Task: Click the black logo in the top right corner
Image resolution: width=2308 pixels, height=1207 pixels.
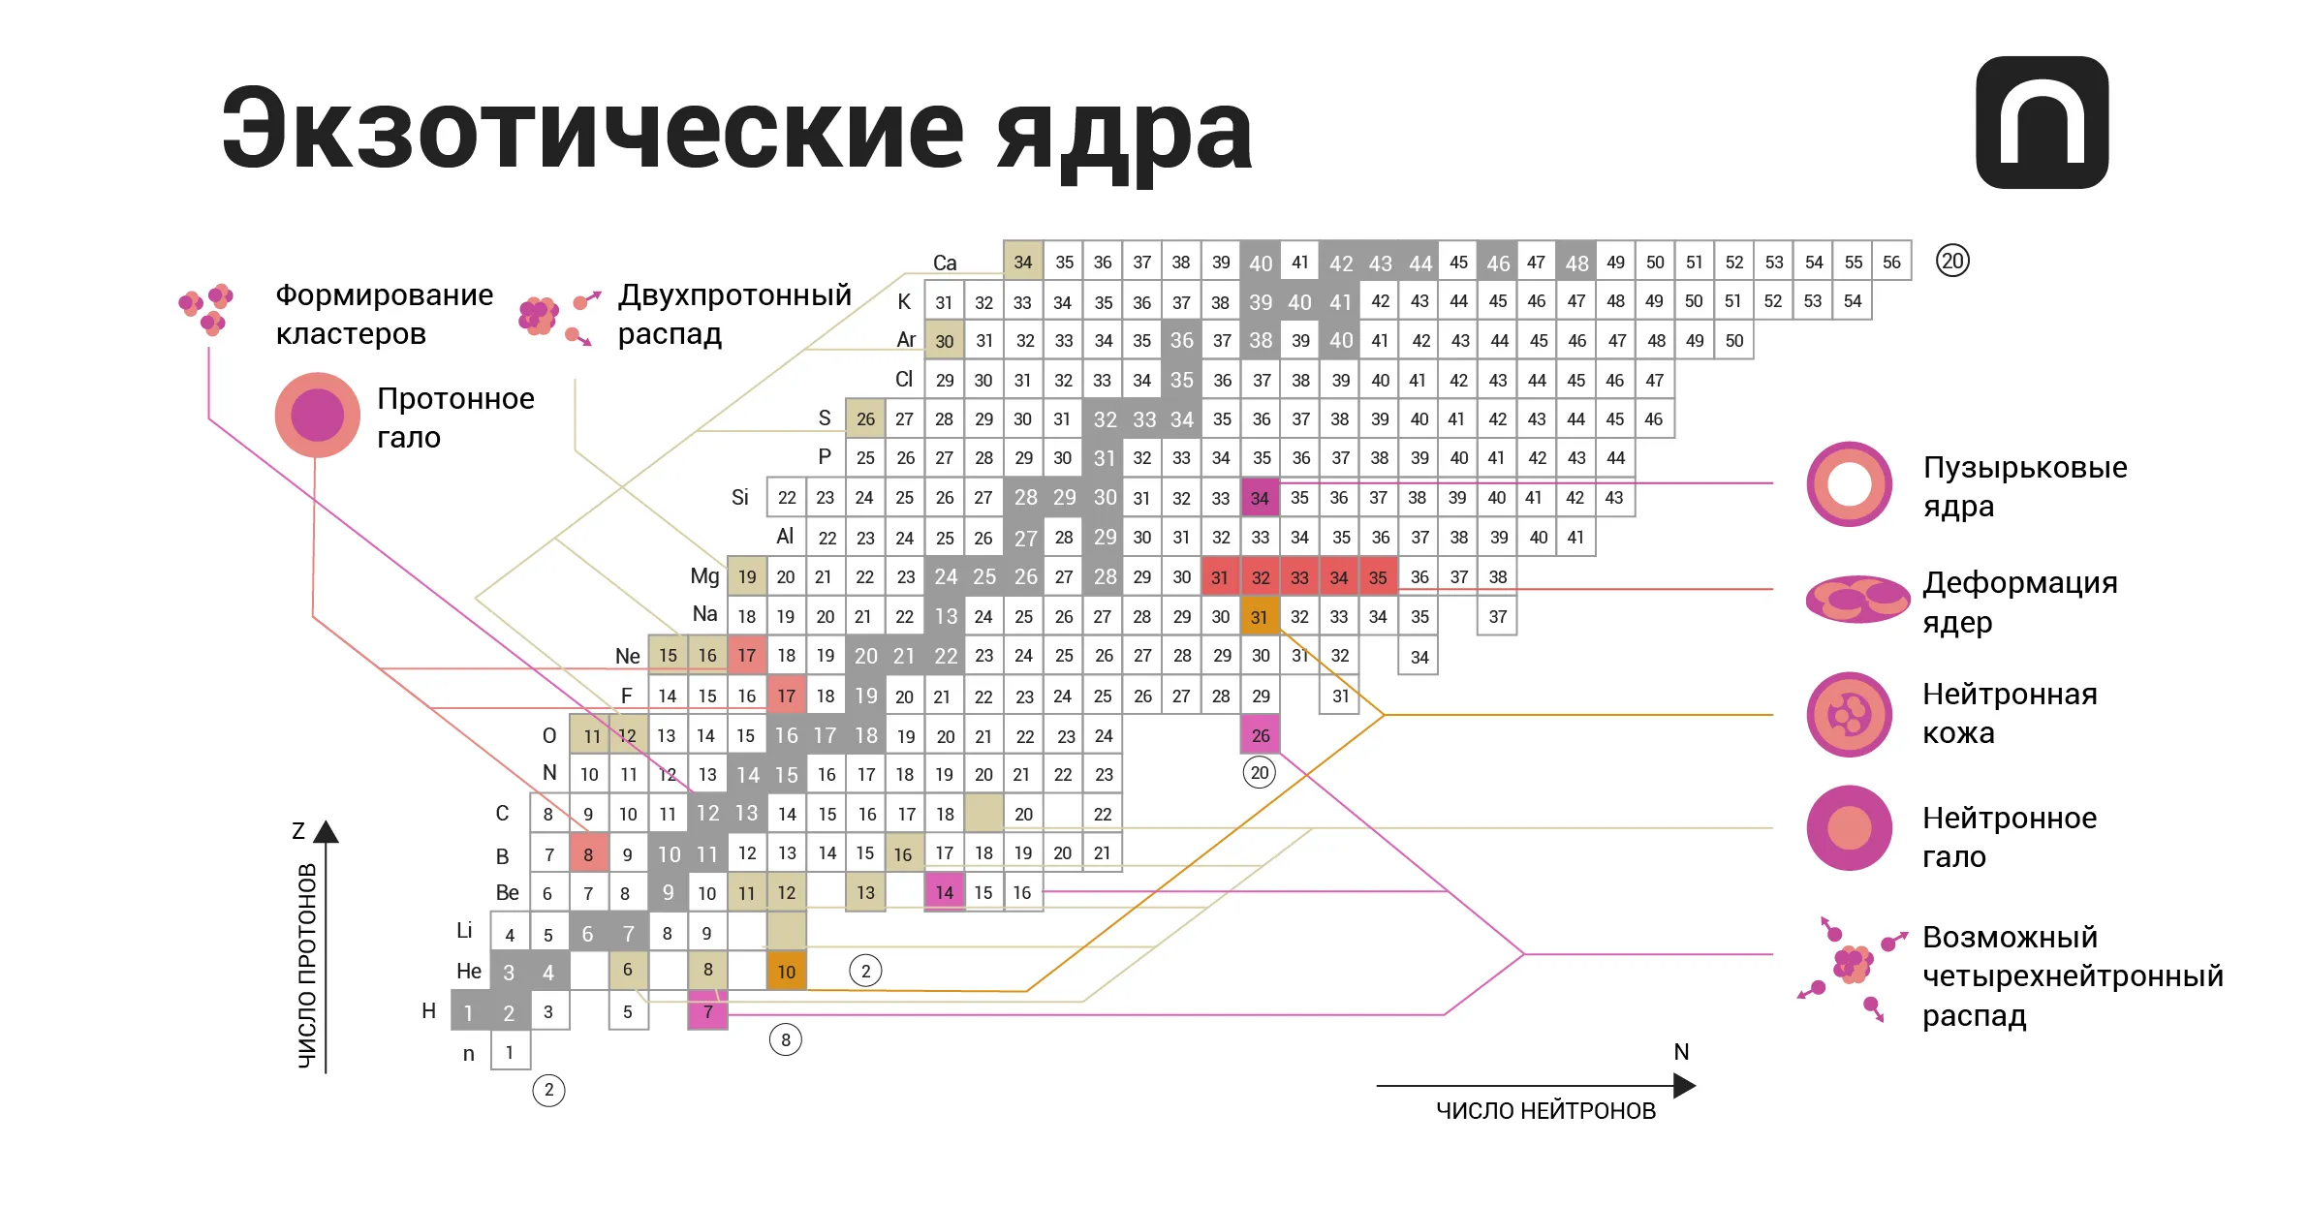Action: tap(2042, 122)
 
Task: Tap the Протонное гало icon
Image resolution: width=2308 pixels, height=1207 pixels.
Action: tap(318, 415)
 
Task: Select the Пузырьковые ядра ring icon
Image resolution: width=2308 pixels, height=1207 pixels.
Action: tap(1849, 484)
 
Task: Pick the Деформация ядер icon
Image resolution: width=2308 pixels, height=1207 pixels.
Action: tap(1856, 599)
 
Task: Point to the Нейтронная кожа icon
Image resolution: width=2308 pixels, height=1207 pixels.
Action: tap(1849, 714)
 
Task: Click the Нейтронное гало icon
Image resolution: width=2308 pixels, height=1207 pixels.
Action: tap(1849, 828)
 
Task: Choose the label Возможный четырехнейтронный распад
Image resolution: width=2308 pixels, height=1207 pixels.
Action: tap(2072, 975)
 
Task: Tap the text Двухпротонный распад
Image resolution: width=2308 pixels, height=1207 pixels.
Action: tap(733, 313)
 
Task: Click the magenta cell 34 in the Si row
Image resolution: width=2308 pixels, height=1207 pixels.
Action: tap(1260, 498)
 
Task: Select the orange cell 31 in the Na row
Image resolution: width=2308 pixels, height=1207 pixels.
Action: tap(1260, 616)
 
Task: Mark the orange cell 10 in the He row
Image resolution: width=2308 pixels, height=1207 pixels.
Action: tap(786, 971)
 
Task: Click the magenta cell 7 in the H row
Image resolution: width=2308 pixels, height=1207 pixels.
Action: tap(707, 1012)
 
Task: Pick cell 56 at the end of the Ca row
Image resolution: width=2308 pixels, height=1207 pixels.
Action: tap(1891, 262)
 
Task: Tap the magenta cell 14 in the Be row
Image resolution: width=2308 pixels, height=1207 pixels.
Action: tap(944, 892)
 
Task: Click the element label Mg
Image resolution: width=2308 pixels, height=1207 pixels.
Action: tap(704, 576)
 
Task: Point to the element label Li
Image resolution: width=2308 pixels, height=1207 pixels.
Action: tap(464, 931)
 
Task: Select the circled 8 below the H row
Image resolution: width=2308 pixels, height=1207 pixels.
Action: tap(785, 1040)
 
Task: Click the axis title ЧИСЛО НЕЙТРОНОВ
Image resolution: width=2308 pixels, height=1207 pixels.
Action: tap(1545, 1111)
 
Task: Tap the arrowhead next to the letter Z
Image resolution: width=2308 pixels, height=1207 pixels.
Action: tap(327, 831)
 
